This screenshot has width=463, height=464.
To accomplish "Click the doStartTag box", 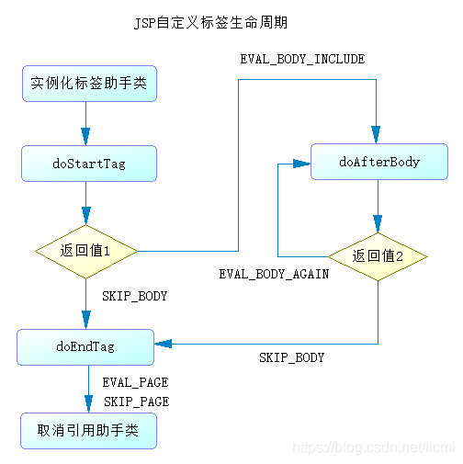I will click(88, 164).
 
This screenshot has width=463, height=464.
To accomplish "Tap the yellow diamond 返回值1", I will click(86, 251).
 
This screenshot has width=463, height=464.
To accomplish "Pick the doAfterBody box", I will click(378, 162).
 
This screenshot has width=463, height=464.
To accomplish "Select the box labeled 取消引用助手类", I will click(88, 430).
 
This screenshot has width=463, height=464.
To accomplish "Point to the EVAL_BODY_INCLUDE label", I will click(302, 60).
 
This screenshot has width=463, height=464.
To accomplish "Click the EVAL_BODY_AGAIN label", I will click(274, 274).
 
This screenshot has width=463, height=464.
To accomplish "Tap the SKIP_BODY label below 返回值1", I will click(135, 296).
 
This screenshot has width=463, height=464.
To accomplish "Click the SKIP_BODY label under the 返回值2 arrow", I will click(291, 357).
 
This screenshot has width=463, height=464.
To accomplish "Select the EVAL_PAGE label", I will click(135, 381).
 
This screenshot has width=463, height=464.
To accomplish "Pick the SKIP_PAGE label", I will click(136, 402).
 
